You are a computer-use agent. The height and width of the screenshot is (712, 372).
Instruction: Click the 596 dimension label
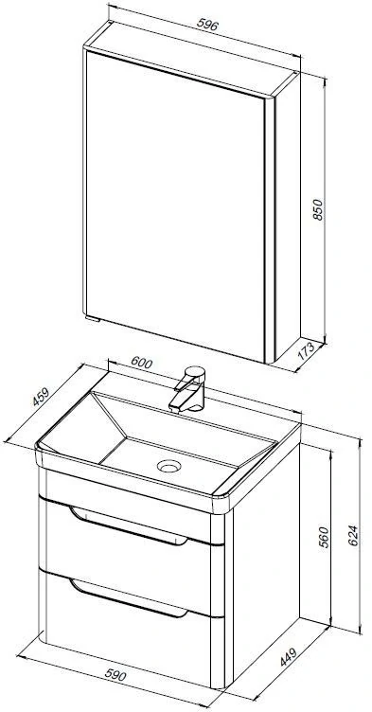207,25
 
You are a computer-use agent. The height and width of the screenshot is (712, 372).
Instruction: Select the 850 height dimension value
317,210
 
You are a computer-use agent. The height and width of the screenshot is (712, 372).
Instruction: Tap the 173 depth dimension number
306,351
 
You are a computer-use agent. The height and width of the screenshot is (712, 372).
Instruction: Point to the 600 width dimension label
142,363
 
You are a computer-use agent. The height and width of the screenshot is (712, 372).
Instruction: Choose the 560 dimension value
324,537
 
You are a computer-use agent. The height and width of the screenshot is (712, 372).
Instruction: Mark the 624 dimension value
353,536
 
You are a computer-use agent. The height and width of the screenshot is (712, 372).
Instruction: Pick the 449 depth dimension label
288,656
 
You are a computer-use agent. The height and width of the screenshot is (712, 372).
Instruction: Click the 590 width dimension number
115,675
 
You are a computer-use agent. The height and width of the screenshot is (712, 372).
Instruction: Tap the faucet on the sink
189,389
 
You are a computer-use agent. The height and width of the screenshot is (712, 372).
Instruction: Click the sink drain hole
169,466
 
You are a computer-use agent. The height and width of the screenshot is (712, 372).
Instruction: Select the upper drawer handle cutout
129,526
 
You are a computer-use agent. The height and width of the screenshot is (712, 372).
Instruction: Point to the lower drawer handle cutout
129,598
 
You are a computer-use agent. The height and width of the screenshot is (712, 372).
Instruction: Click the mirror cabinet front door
175,205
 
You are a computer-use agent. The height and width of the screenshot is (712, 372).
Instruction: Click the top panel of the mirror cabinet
192,58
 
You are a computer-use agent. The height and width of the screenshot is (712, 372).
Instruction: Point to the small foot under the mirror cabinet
93,319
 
